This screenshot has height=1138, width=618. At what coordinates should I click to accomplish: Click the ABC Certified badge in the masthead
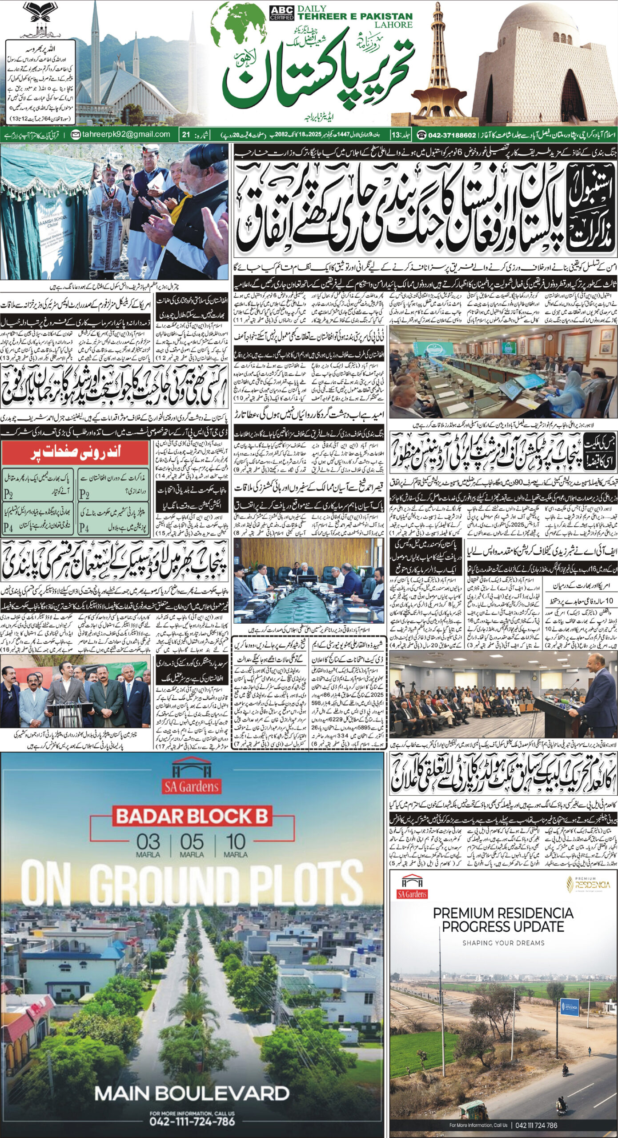click(x=281, y=13)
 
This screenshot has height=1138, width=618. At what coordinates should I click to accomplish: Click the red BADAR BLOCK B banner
click(x=192, y=817)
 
